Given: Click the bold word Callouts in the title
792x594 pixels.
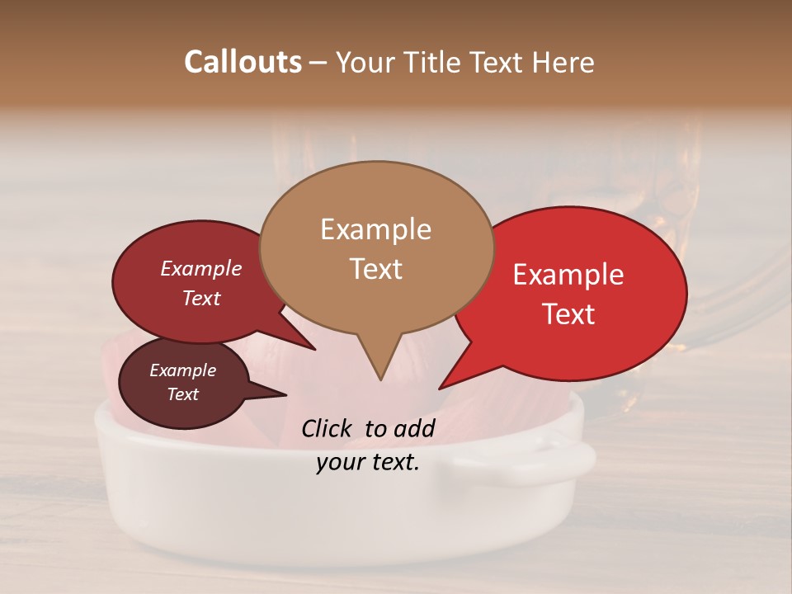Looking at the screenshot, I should pos(243,62).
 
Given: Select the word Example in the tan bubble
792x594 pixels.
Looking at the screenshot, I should pos(375,229).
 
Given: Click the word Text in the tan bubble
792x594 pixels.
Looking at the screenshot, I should pos(375,269).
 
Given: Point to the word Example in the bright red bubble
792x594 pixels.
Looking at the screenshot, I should pos(568,275).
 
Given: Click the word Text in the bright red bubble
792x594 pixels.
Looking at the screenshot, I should pos(568,314).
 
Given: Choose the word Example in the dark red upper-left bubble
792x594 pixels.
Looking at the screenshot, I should pos(200,268).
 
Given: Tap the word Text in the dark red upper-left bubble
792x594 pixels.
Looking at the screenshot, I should pos(200,299).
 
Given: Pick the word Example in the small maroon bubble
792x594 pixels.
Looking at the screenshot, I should pos(182,370).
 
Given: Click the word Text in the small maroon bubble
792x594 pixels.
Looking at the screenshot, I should pos(182,394).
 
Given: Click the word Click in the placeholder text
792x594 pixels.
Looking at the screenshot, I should pos(328,428).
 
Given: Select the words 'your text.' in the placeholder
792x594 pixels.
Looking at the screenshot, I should pos(367,463).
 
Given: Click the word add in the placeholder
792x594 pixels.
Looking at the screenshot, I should pos(415,428).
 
